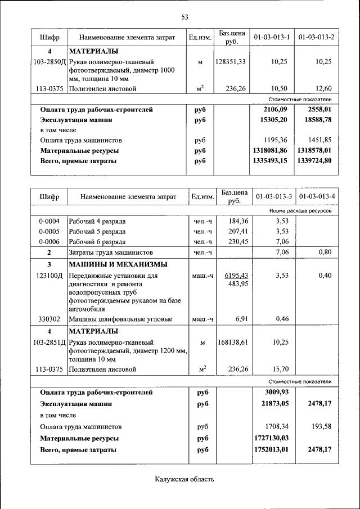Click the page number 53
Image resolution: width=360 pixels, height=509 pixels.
click(184, 16)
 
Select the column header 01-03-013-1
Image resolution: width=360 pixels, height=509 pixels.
click(272, 38)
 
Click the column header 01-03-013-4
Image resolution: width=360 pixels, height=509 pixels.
click(317, 196)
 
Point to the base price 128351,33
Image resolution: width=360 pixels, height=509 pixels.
click(230, 61)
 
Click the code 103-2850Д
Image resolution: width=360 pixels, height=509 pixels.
click(49, 61)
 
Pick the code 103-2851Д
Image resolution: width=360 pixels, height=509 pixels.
click(49, 342)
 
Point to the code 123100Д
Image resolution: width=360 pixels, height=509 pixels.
click(49, 276)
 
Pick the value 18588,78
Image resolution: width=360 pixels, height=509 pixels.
click(316, 120)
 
